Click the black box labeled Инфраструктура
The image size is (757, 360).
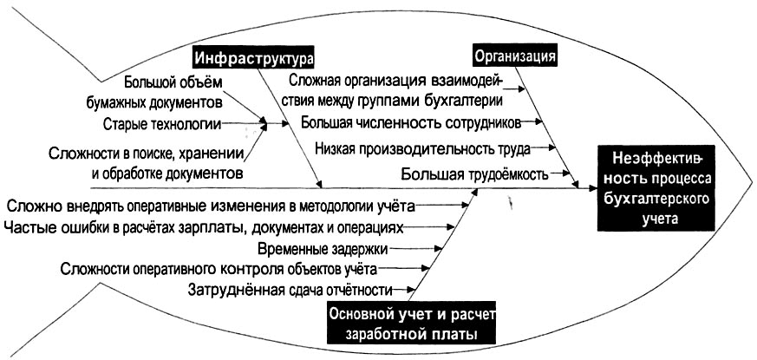pyautogui.click(x=253, y=58)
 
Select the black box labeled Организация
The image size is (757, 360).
pyautogui.click(x=514, y=57)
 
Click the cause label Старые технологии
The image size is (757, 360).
pyautogui.click(x=161, y=124)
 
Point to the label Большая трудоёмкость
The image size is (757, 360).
pyautogui.click(x=474, y=173)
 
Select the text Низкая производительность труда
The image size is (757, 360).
pyautogui.click(x=422, y=148)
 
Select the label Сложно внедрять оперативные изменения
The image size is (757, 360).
pyautogui.click(x=211, y=206)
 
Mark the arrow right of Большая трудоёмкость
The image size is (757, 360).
pyautogui.click(x=564, y=174)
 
